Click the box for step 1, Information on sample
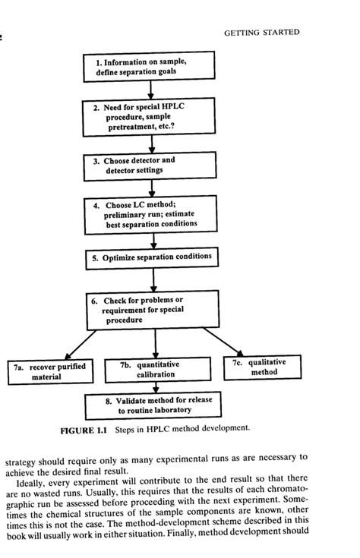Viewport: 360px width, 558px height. tap(150, 67)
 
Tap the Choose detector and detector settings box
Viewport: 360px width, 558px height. tap(150, 166)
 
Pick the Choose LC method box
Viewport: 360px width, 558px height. tap(151, 214)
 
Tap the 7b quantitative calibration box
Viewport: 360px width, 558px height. tap(156, 370)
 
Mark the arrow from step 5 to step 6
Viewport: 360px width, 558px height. tap(153, 279)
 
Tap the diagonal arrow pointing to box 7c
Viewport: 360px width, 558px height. tap(223, 342)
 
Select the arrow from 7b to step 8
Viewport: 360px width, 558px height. tap(155, 387)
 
